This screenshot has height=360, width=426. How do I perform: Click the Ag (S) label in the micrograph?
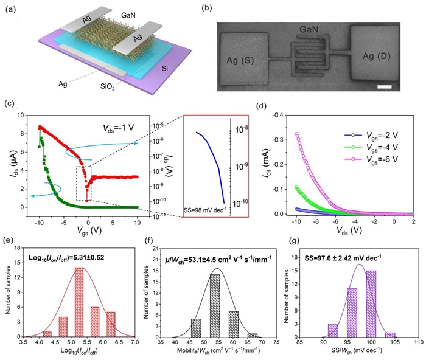click(x=239, y=60)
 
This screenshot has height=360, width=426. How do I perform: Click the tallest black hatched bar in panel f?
click(x=215, y=305)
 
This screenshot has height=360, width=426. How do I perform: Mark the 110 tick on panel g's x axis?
click(x=417, y=344)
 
